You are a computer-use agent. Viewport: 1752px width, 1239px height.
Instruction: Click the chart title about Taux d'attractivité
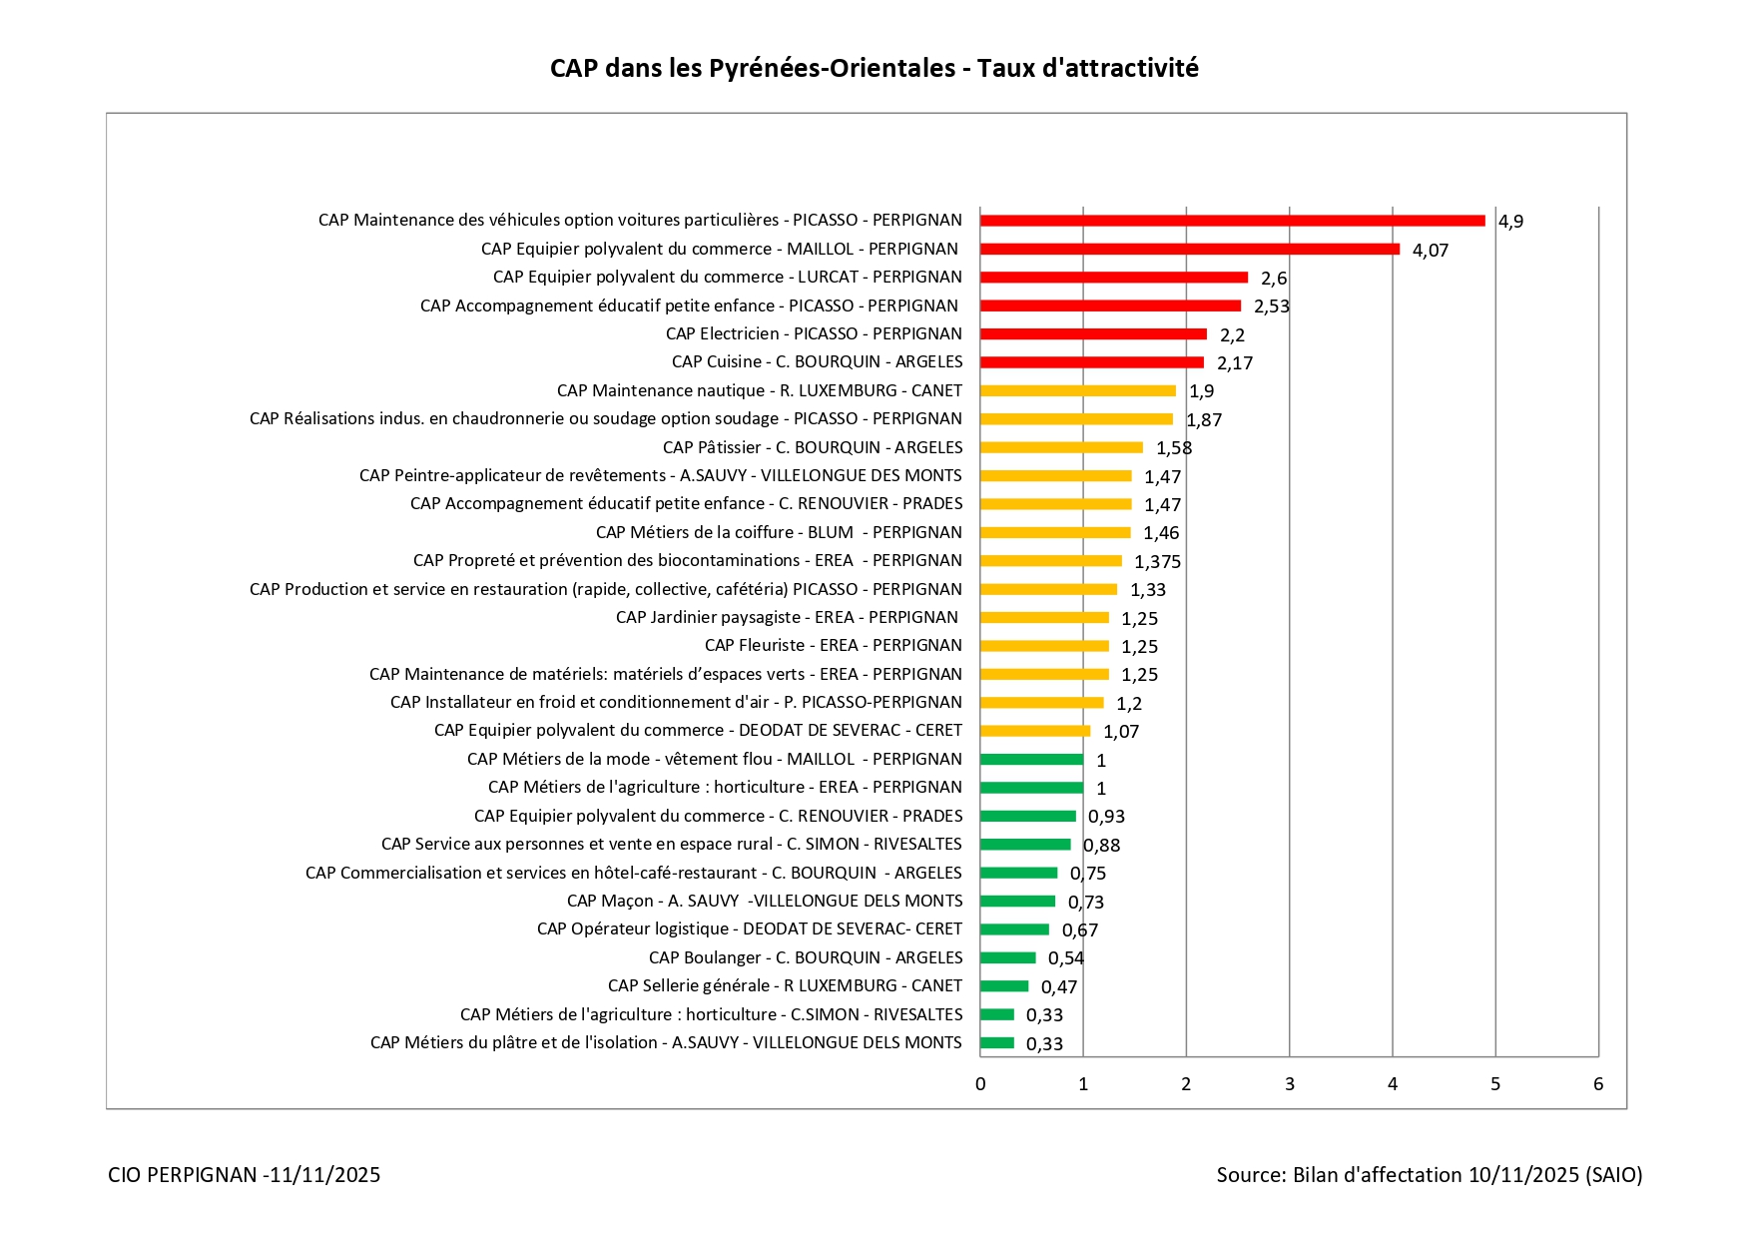874,68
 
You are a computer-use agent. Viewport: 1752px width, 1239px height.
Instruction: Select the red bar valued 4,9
1232,221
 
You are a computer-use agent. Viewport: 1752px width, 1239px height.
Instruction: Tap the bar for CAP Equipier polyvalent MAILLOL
1189,250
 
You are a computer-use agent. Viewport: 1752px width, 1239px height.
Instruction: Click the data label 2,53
1271,307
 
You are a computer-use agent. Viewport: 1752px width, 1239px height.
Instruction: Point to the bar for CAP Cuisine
1091,362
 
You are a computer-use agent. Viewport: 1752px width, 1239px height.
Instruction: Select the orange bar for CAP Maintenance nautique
1077,391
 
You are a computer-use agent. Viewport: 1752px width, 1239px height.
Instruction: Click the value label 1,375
1157,562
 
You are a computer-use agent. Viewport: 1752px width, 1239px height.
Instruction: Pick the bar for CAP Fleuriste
1044,646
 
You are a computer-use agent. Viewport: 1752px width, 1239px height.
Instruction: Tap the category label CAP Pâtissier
813,447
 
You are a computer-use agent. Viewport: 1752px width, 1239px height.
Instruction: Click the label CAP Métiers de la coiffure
779,532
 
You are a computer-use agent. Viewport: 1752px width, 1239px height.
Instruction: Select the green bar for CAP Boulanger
1007,958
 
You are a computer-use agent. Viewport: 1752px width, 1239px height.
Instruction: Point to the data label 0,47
1059,987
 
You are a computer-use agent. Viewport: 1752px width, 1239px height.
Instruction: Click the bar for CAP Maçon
1017,902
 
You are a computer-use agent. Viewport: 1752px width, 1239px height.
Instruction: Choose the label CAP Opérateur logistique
749,929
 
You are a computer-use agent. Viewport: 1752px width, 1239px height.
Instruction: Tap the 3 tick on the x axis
1289,1084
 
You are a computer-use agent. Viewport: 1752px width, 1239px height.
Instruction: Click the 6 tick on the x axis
1597,1084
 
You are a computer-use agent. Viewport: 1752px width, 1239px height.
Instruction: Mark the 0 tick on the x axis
980,1084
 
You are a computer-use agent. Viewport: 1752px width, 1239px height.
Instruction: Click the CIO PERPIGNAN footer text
244,1175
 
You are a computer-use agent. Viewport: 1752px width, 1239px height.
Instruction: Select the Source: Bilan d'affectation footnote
1429,1175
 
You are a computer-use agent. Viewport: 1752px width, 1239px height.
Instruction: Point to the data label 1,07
1120,732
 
